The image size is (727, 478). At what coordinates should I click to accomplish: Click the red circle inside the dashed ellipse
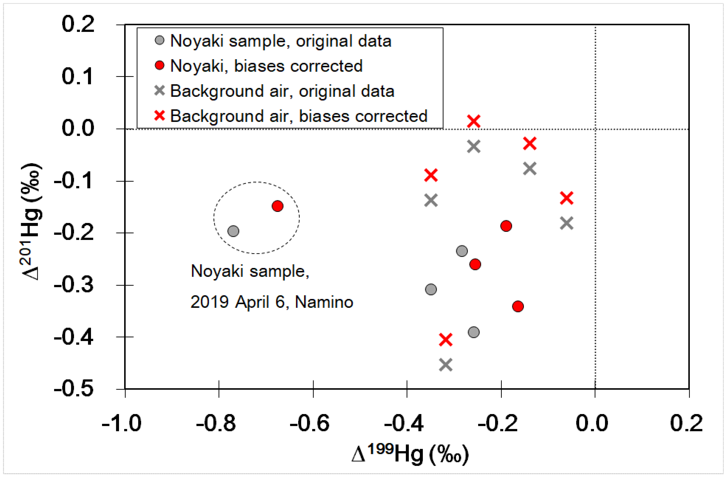point(277,206)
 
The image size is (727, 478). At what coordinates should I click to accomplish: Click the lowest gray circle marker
point(474,332)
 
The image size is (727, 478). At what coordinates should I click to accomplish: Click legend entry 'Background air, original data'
point(282,91)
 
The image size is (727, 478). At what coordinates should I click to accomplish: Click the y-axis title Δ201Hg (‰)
point(31,221)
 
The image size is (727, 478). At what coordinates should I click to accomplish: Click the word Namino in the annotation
point(324,302)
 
